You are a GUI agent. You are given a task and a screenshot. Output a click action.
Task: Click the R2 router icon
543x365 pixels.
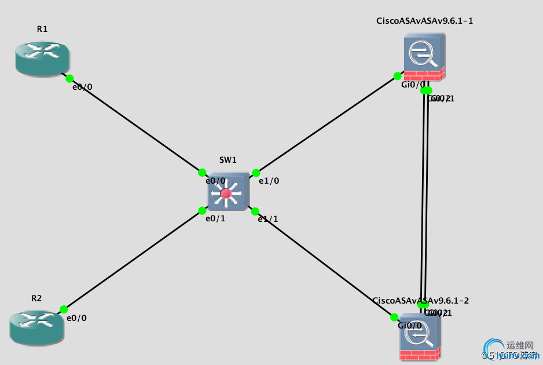pyautogui.click(x=35, y=328)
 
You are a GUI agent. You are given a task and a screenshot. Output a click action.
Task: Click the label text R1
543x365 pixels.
pyautogui.click(x=41, y=28)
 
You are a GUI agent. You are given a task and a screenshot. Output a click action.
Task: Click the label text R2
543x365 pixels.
pyautogui.click(x=36, y=298)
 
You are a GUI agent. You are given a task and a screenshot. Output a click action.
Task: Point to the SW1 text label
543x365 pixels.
pyautogui.click(x=228, y=160)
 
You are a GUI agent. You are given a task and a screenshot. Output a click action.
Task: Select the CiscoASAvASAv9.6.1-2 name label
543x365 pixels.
pyautogui.click(x=420, y=300)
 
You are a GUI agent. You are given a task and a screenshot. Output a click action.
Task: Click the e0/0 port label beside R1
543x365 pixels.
pyautogui.click(x=82, y=87)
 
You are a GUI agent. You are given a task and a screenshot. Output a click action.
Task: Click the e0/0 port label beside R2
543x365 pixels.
pyautogui.click(x=76, y=318)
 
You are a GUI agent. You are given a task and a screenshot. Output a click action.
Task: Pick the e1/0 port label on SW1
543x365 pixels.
pyautogui.click(x=269, y=181)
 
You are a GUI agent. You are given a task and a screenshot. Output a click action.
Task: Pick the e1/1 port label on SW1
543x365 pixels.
pyautogui.click(x=268, y=218)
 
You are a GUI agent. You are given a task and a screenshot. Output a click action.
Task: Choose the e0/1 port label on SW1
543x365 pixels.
pyautogui.click(x=215, y=218)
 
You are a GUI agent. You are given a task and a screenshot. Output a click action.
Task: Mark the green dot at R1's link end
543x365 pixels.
pyautogui.click(x=69, y=78)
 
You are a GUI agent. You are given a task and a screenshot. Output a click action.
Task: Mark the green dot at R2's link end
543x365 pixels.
pyautogui.click(x=64, y=309)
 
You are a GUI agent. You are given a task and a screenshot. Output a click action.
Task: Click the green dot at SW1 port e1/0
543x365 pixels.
pyautogui.click(x=256, y=173)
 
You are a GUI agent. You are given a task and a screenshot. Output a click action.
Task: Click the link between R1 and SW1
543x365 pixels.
pyautogui.click(x=136, y=125)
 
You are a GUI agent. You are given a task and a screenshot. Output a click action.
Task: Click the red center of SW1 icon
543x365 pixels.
pyautogui.click(x=226, y=193)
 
